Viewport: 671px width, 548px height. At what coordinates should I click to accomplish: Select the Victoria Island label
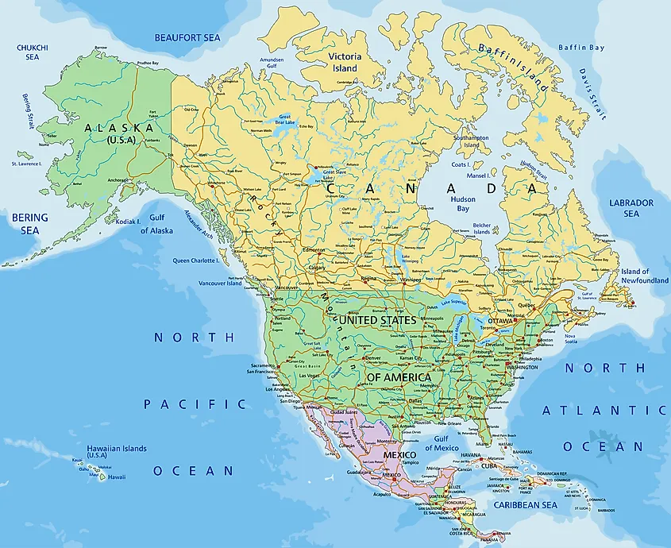click(x=345, y=62)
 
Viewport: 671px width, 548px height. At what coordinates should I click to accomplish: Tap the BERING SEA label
click(x=29, y=223)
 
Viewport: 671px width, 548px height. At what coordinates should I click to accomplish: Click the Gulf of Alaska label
click(x=156, y=225)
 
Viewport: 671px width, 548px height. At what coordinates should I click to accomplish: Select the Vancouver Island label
click(x=219, y=284)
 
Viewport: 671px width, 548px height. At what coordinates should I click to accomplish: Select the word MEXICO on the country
click(x=400, y=454)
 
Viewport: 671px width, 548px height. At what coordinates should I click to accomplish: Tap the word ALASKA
click(x=119, y=128)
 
